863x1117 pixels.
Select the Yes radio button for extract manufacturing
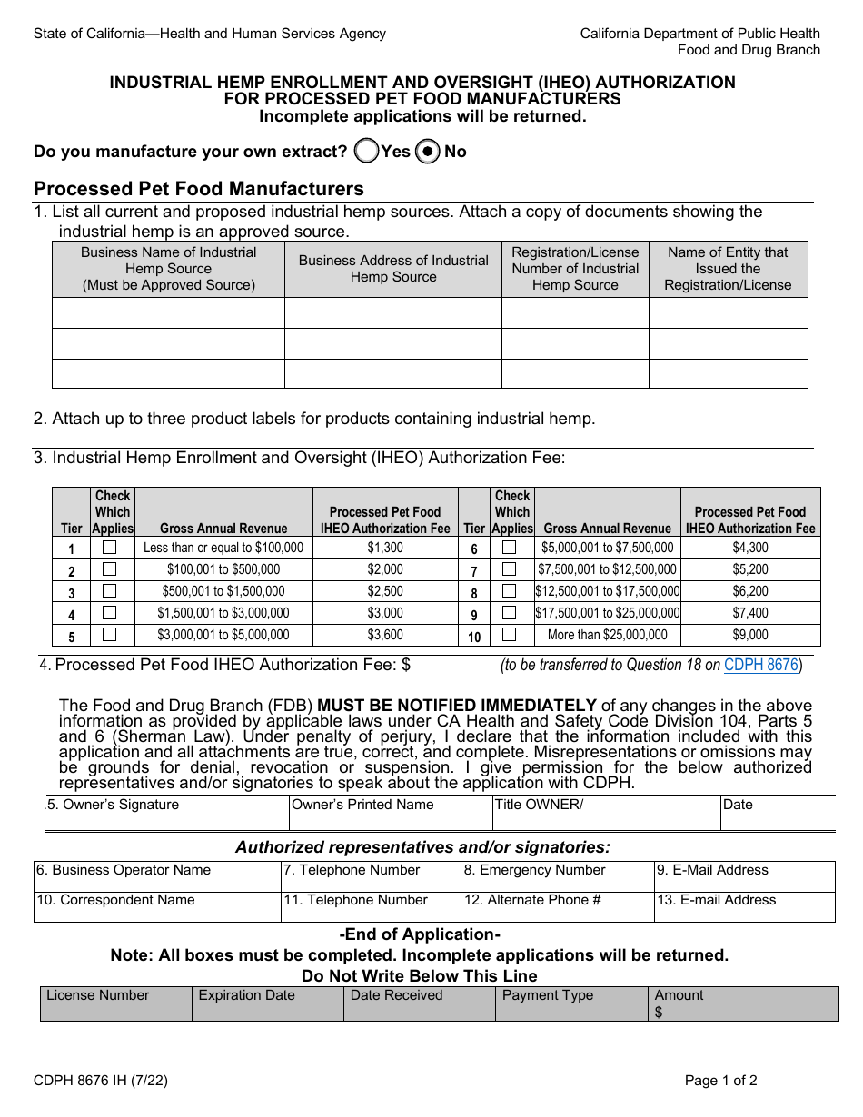(366, 152)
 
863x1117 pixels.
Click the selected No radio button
(428, 152)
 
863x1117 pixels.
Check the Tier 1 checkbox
(110, 548)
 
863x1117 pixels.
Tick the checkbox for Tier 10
(510, 635)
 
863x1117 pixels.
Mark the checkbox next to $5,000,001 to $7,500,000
(510, 548)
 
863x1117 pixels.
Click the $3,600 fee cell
(385, 635)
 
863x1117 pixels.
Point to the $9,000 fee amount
(750, 635)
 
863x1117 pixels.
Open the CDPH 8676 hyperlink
(760, 665)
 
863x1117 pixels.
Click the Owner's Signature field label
(114, 805)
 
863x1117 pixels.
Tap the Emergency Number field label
(534, 870)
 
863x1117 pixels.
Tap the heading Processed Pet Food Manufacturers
(199, 189)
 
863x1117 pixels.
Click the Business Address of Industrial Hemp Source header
(393, 269)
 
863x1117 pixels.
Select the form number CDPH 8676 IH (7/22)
(100, 1081)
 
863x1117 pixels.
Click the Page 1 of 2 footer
(721, 1081)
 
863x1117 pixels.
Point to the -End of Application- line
(420, 934)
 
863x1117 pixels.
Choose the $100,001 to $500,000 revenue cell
(223, 569)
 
